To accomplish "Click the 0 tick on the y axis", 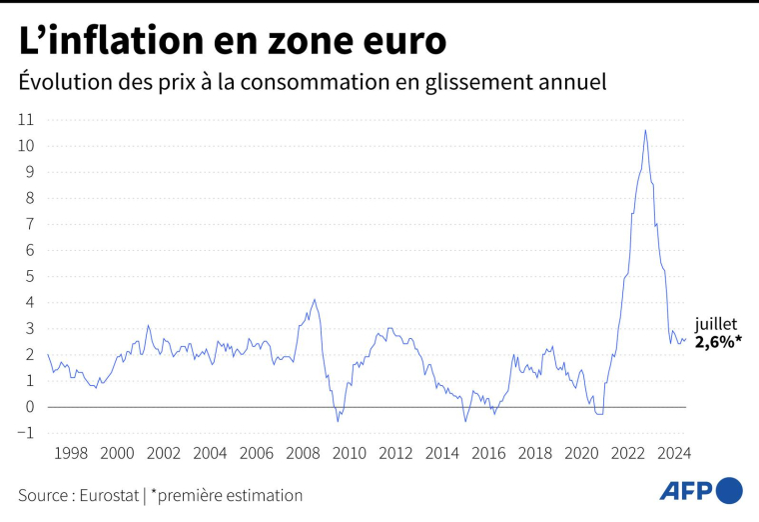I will click(29, 407).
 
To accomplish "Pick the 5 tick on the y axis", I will click(29, 276).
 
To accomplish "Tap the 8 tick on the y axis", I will click(29, 198).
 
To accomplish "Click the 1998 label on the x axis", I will click(71, 453).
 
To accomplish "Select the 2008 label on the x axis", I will click(302, 453).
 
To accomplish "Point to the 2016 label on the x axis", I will click(487, 453).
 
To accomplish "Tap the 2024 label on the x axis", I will click(673, 453).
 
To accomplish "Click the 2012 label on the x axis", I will click(394, 453).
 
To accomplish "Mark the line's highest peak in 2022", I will click(645, 130).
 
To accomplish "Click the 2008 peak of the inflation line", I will click(315, 299).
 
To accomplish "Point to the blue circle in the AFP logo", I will click(730, 490).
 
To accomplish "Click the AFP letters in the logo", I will click(686, 490).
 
